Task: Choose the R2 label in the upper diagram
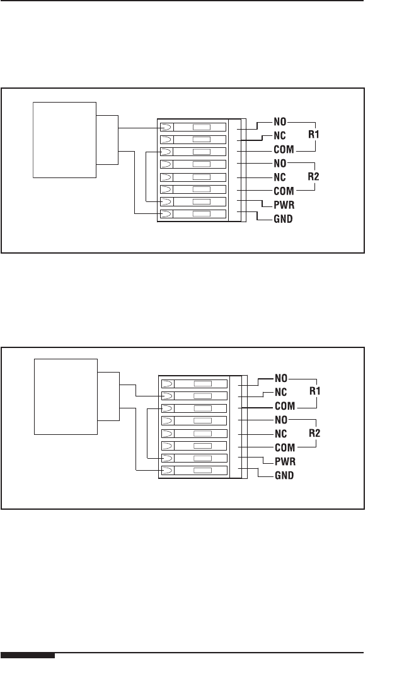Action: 313,177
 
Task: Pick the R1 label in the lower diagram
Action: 315,391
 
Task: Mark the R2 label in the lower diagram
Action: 314,434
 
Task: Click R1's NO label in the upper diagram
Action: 280,122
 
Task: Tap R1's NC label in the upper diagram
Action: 280,135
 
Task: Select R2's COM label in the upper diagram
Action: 284,191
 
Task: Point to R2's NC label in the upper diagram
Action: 280,177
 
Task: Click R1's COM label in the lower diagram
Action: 285,406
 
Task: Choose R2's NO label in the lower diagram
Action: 281,420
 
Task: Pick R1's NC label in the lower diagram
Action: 281,392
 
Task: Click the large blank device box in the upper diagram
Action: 64,140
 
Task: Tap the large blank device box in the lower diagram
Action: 66,396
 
